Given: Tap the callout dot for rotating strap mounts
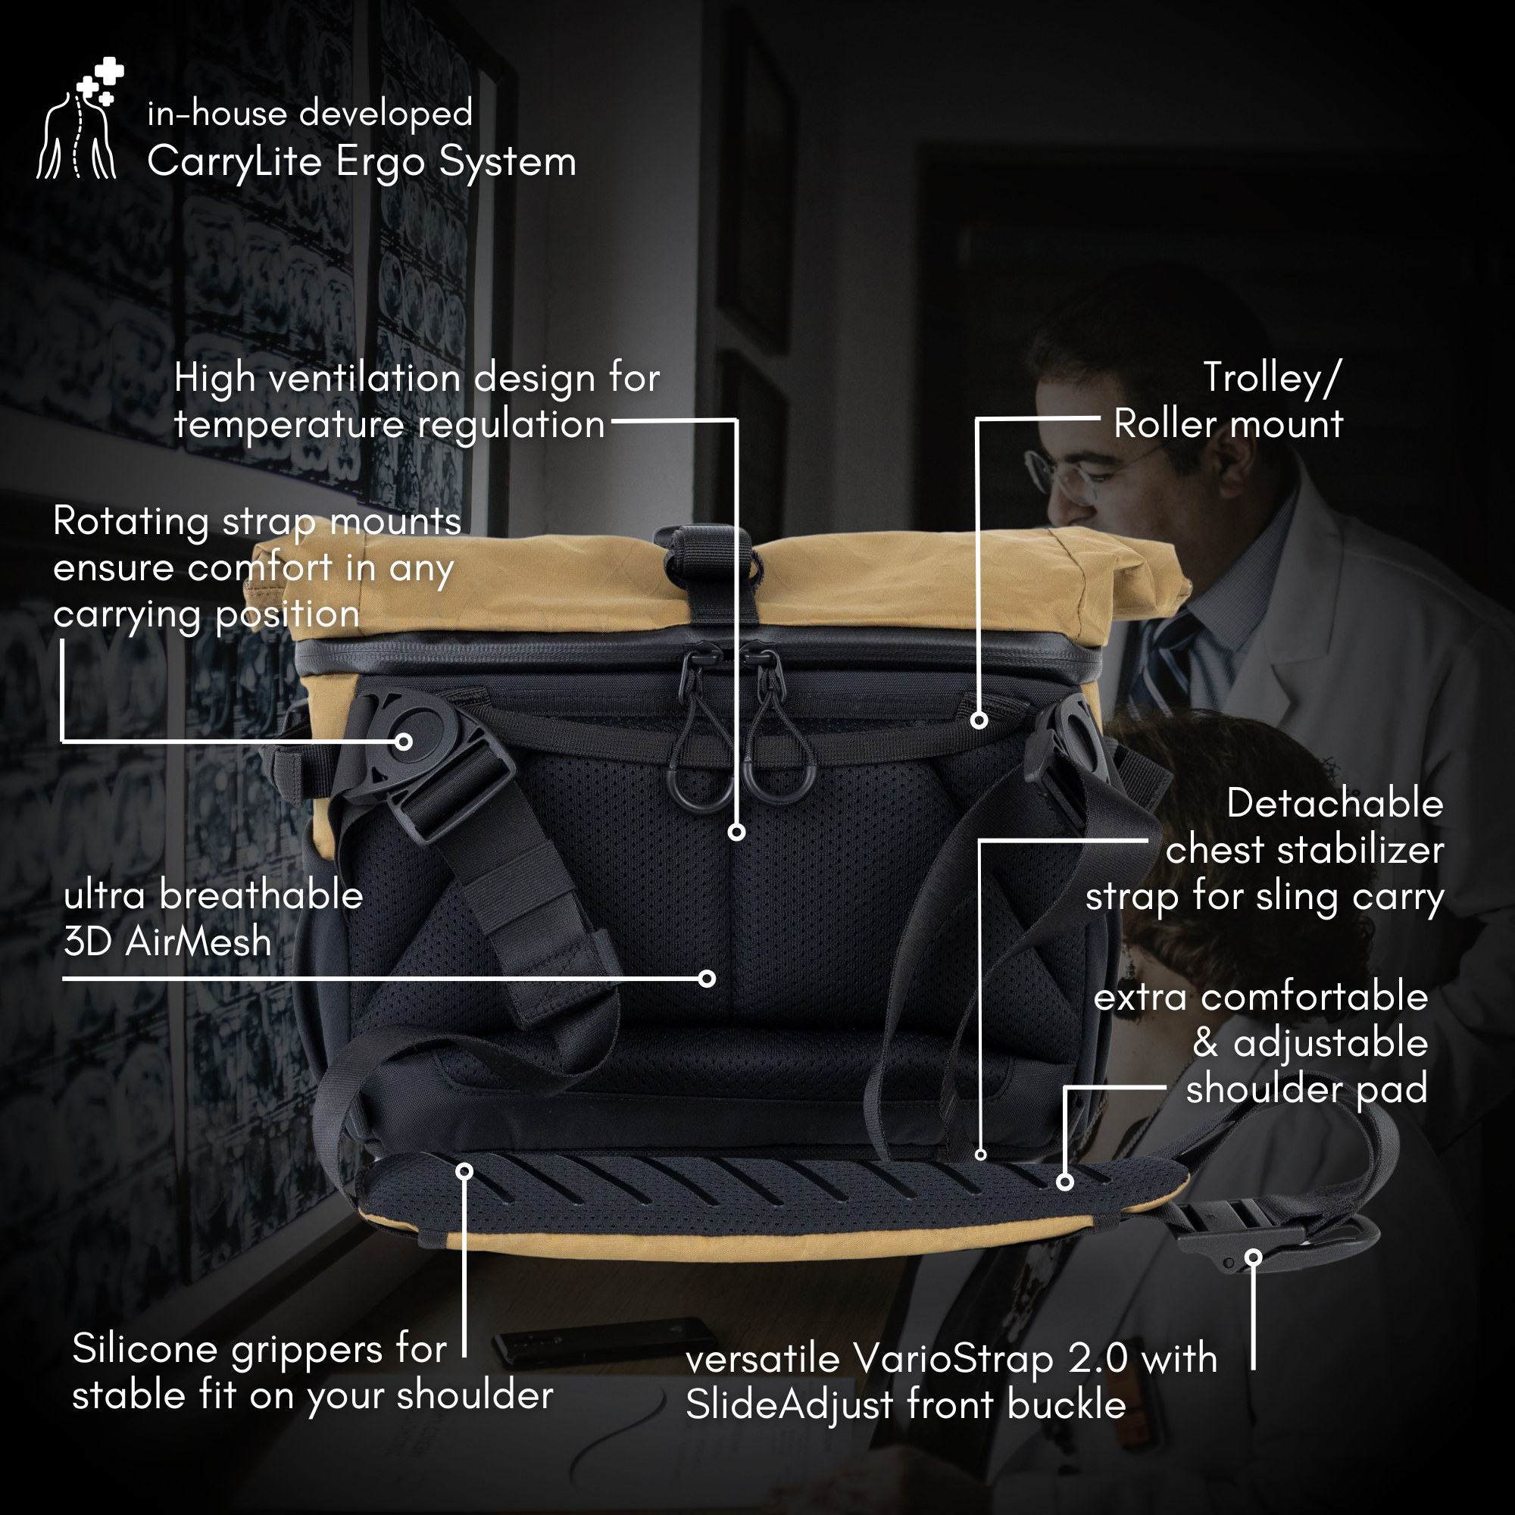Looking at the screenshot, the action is coord(404,741).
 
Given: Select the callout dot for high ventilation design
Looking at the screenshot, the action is coord(736,832).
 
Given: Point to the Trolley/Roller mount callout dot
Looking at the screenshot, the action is coord(979,720).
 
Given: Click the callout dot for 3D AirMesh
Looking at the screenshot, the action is coord(707,978).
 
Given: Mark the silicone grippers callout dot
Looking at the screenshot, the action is coord(464,1171).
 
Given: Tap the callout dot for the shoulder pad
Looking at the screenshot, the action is coord(1065,1182).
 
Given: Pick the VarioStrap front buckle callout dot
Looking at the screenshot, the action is coord(1254,1257).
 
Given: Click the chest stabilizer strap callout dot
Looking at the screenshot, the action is coord(980,1154).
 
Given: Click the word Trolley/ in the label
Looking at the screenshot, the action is coord(1273,378).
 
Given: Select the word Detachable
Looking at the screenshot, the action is coord(1335,804).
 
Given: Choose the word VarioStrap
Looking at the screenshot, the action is coord(953,1359).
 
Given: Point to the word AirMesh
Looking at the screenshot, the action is coord(198,941).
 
